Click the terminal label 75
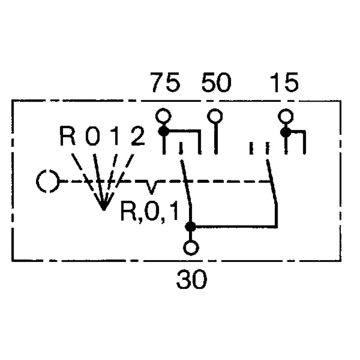165,82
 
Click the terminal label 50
216,82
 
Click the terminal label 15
284,82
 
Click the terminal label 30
192,279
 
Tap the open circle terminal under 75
163,116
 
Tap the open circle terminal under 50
215,116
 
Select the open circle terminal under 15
286,116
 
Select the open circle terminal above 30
191,248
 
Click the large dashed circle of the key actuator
48,181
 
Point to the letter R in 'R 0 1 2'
67,136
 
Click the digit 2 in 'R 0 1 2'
138,136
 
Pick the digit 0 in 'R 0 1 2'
93,136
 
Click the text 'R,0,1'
149,211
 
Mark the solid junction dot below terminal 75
164,131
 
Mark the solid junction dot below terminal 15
286,132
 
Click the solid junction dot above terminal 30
190,227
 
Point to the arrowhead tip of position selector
104,210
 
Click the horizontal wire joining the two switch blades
234,227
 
